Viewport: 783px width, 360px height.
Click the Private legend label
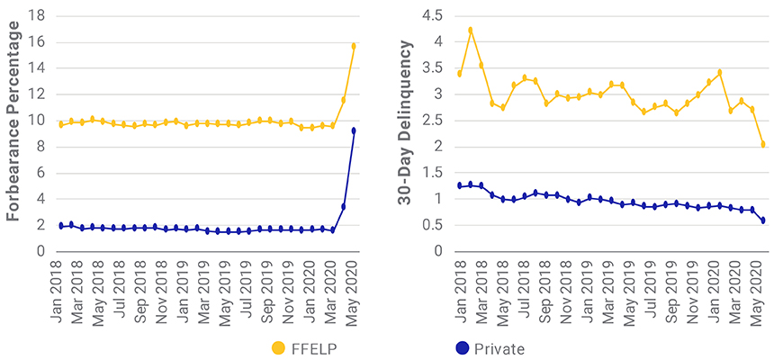point(503,347)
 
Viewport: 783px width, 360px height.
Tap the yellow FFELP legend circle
point(279,347)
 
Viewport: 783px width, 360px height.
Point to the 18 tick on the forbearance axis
point(38,15)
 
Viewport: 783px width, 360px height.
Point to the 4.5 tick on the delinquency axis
point(433,15)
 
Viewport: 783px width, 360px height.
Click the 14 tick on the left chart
point(38,67)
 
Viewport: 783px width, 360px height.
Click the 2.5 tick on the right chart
point(433,121)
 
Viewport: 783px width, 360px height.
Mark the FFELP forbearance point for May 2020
point(354,46)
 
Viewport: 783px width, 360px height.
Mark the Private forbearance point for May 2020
point(354,130)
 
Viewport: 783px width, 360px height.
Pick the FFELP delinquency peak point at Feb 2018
point(470,30)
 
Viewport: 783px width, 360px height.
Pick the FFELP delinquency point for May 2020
point(763,144)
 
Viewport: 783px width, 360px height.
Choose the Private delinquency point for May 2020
point(763,220)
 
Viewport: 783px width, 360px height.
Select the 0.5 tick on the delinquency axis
point(433,225)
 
